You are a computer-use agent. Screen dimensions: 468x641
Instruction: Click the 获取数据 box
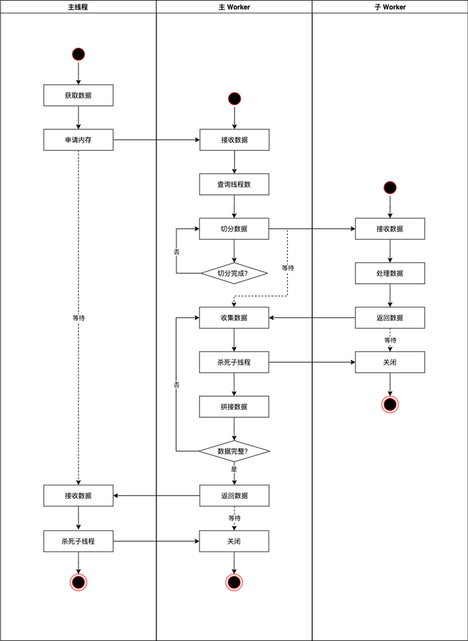tap(78, 95)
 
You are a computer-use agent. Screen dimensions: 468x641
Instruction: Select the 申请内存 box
tap(78, 140)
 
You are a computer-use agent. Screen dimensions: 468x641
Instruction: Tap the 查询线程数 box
tap(234, 184)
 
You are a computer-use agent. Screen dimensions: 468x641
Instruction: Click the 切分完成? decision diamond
tap(234, 273)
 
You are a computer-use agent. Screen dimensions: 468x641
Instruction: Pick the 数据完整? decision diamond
tap(234, 452)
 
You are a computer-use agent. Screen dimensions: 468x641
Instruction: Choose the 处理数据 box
tap(390, 273)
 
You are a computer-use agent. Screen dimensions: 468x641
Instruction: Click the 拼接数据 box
tap(234, 406)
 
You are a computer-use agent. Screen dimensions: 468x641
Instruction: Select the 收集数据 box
tap(234, 318)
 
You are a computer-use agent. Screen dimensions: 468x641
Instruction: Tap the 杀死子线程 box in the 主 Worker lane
tap(234, 362)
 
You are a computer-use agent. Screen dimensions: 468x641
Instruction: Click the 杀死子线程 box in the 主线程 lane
tap(78, 541)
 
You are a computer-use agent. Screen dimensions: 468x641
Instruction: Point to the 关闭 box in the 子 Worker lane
tap(390, 362)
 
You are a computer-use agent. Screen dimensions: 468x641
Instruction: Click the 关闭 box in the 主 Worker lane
tap(234, 541)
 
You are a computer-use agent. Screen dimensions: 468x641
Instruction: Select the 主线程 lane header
tap(78, 6)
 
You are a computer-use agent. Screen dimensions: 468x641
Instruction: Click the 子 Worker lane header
tap(390, 6)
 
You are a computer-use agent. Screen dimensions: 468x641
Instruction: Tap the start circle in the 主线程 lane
tap(78, 54)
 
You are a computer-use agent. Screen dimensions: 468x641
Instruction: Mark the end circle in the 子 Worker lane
tap(390, 404)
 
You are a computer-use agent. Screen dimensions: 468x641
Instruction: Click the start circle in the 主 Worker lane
tap(234, 98)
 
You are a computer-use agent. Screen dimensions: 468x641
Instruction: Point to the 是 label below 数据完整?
tap(234, 469)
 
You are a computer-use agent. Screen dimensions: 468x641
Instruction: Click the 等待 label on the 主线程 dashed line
tap(78, 318)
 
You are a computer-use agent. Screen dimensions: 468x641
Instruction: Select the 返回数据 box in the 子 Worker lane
tap(390, 318)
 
